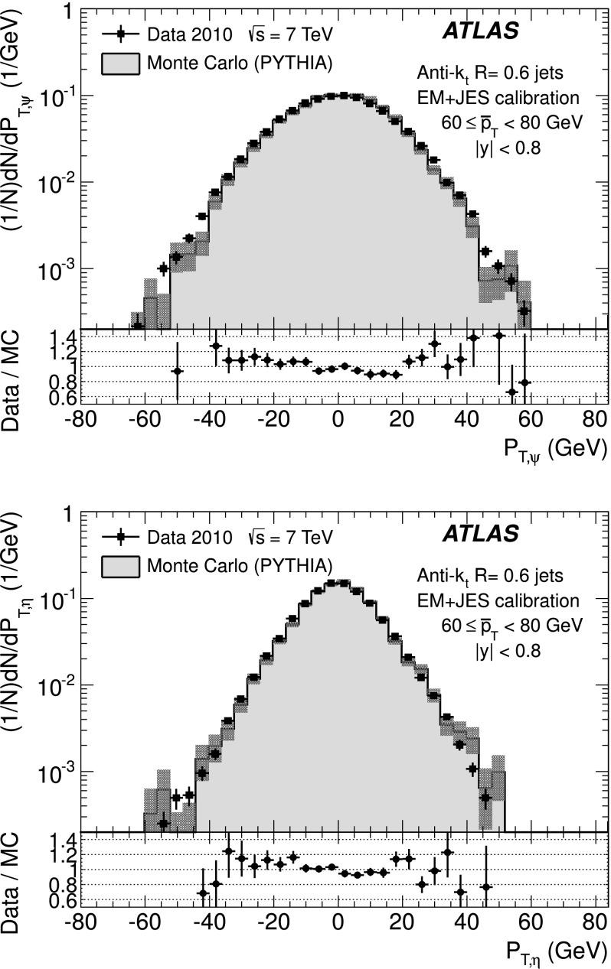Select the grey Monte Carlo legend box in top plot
(x=119, y=63)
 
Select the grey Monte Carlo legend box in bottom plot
(x=119, y=566)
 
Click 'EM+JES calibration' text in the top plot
(x=497, y=97)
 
